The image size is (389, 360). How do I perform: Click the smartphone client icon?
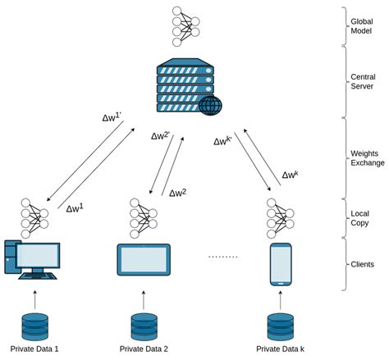pos(281,263)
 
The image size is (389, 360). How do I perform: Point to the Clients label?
pos(363,264)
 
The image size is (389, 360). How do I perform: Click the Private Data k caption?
pos(281,349)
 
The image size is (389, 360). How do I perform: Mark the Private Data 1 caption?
pos(34,349)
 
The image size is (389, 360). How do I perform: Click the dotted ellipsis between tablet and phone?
pos(222,257)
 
